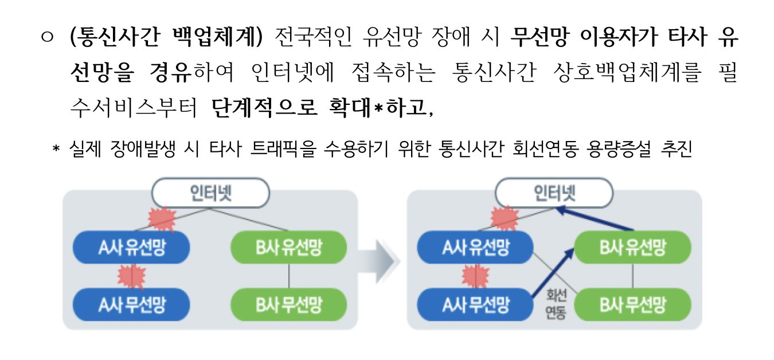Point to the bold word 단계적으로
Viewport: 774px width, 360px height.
pyautogui.click(x=264, y=107)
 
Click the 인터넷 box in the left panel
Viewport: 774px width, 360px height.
pyautogui.click(x=211, y=192)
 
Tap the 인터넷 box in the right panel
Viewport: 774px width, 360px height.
pyautogui.click(x=554, y=192)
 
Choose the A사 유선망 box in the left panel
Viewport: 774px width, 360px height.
pyautogui.click(x=131, y=248)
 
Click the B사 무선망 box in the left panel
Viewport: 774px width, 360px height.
pyautogui.click(x=288, y=304)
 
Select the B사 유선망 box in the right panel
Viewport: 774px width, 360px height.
pyautogui.click(x=632, y=248)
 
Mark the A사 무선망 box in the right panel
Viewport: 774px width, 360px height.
pyautogui.click(x=475, y=304)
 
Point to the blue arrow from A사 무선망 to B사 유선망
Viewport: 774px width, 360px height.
pyautogui.click(x=551, y=270)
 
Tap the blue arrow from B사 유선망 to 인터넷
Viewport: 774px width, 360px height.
pyautogui.click(x=596, y=219)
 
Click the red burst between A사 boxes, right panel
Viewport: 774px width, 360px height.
pyautogui.click(x=475, y=276)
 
